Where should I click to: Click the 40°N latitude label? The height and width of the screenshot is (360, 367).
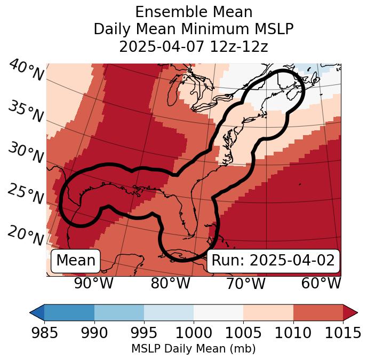point(26,71)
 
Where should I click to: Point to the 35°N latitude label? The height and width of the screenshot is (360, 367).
point(26,112)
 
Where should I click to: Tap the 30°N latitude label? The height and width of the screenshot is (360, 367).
point(26,153)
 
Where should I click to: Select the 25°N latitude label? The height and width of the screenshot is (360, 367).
point(26,194)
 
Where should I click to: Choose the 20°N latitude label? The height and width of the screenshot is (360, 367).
point(26,236)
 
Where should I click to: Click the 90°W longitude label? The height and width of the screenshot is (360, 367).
point(94,284)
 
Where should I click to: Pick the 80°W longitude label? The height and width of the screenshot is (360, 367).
point(170,284)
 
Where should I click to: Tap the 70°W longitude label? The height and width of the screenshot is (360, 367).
point(246,284)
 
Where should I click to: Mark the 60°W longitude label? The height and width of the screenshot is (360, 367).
point(321,284)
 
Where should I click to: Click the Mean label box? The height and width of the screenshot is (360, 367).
point(76,261)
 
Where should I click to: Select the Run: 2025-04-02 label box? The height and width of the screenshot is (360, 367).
point(273,261)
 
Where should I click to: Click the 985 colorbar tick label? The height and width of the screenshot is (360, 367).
point(44,333)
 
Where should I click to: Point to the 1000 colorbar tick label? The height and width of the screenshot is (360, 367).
point(194,333)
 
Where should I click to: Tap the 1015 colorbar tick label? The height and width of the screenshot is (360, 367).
point(343,333)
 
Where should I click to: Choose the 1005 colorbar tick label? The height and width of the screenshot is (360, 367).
point(243,333)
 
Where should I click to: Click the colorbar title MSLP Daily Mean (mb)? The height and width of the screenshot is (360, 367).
point(194,349)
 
